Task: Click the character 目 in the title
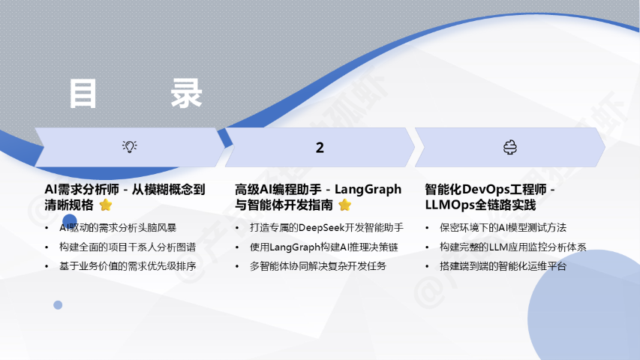(83, 94)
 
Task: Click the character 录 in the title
(186, 94)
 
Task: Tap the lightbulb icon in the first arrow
(130, 146)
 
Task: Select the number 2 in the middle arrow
(320, 147)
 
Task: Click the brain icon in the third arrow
(509, 147)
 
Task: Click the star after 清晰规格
(106, 205)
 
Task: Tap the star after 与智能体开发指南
(345, 205)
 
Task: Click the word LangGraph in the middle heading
(368, 190)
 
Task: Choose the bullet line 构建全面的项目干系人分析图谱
(128, 247)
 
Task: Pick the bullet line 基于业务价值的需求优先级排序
(128, 266)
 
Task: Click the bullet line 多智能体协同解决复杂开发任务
(318, 266)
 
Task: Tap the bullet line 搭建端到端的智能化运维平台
(503, 266)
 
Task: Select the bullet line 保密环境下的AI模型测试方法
(503, 228)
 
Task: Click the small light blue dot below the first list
(58, 305)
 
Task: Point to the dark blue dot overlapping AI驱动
(70, 221)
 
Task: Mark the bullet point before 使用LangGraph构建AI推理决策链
(237, 247)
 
